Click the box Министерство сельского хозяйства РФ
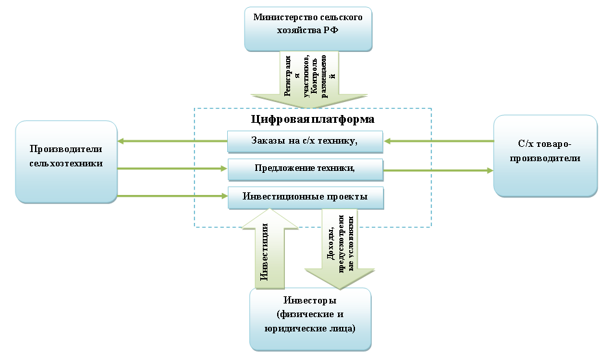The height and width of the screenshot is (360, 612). click(x=308, y=29)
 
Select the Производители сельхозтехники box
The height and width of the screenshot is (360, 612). click(x=66, y=160)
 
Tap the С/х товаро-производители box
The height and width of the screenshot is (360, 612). click(x=545, y=155)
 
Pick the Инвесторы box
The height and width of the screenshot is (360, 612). click(x=310, y=318)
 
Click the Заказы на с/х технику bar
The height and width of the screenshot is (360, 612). click(x=305, y=140)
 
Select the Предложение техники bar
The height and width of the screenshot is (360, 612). click(x=305, y=168)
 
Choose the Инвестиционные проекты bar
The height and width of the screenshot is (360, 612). click(x=305, y=196)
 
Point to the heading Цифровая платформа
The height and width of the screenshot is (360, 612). click(x=312, y=120)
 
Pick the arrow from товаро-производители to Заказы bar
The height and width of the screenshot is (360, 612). click(x=438, y=140)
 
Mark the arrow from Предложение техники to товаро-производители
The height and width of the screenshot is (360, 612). click(x=438, y=171)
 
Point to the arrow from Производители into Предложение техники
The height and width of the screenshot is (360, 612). click(x=172, y=169)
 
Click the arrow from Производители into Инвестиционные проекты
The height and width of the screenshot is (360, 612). click(x=172, y=196)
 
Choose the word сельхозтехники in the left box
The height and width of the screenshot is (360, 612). click(x=66, y=163)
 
